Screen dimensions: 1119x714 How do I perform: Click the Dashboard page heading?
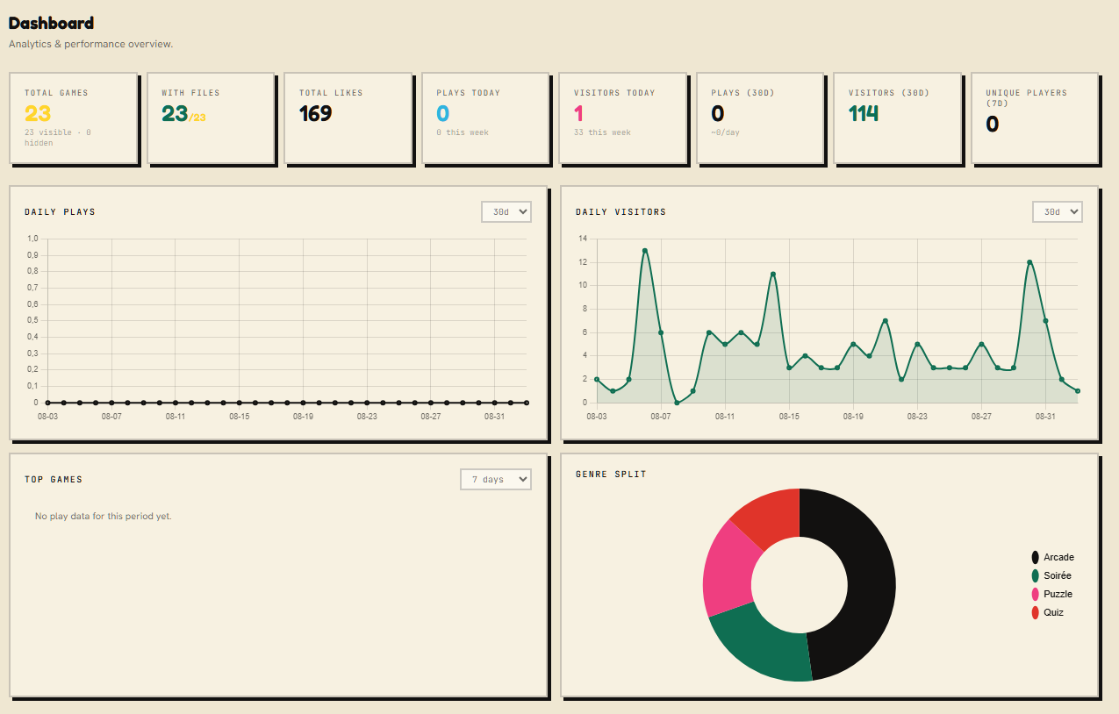tap(51, 23)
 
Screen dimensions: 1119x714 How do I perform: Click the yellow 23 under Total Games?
tap(38, 114)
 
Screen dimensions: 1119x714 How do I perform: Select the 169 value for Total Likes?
tap(315, 114)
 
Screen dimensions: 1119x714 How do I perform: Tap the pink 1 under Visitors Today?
tap(578, 114)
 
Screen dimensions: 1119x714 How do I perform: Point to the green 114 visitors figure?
tap(864, 114)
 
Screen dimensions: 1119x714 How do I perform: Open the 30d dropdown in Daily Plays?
tap(506, 212)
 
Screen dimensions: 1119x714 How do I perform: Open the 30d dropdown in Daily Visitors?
tap(1057, 212)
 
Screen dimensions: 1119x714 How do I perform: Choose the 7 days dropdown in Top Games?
tap(496, 479)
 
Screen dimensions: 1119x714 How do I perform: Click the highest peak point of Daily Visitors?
tap(645, 251)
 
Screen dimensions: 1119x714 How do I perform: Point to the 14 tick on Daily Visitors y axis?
tap(583, 239)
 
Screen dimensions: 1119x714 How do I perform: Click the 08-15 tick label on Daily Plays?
tap(240, 417)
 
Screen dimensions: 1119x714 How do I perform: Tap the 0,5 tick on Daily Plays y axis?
tap(32, 320)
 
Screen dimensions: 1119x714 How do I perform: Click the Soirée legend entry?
tap(1051, 575)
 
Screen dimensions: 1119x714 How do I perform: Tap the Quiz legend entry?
tap(1048, 612)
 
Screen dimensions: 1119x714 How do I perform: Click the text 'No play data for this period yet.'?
tap(104, 517)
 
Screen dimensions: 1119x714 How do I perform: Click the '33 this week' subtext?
tap(602, 132)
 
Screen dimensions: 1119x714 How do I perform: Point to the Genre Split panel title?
tap(611, 475)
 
